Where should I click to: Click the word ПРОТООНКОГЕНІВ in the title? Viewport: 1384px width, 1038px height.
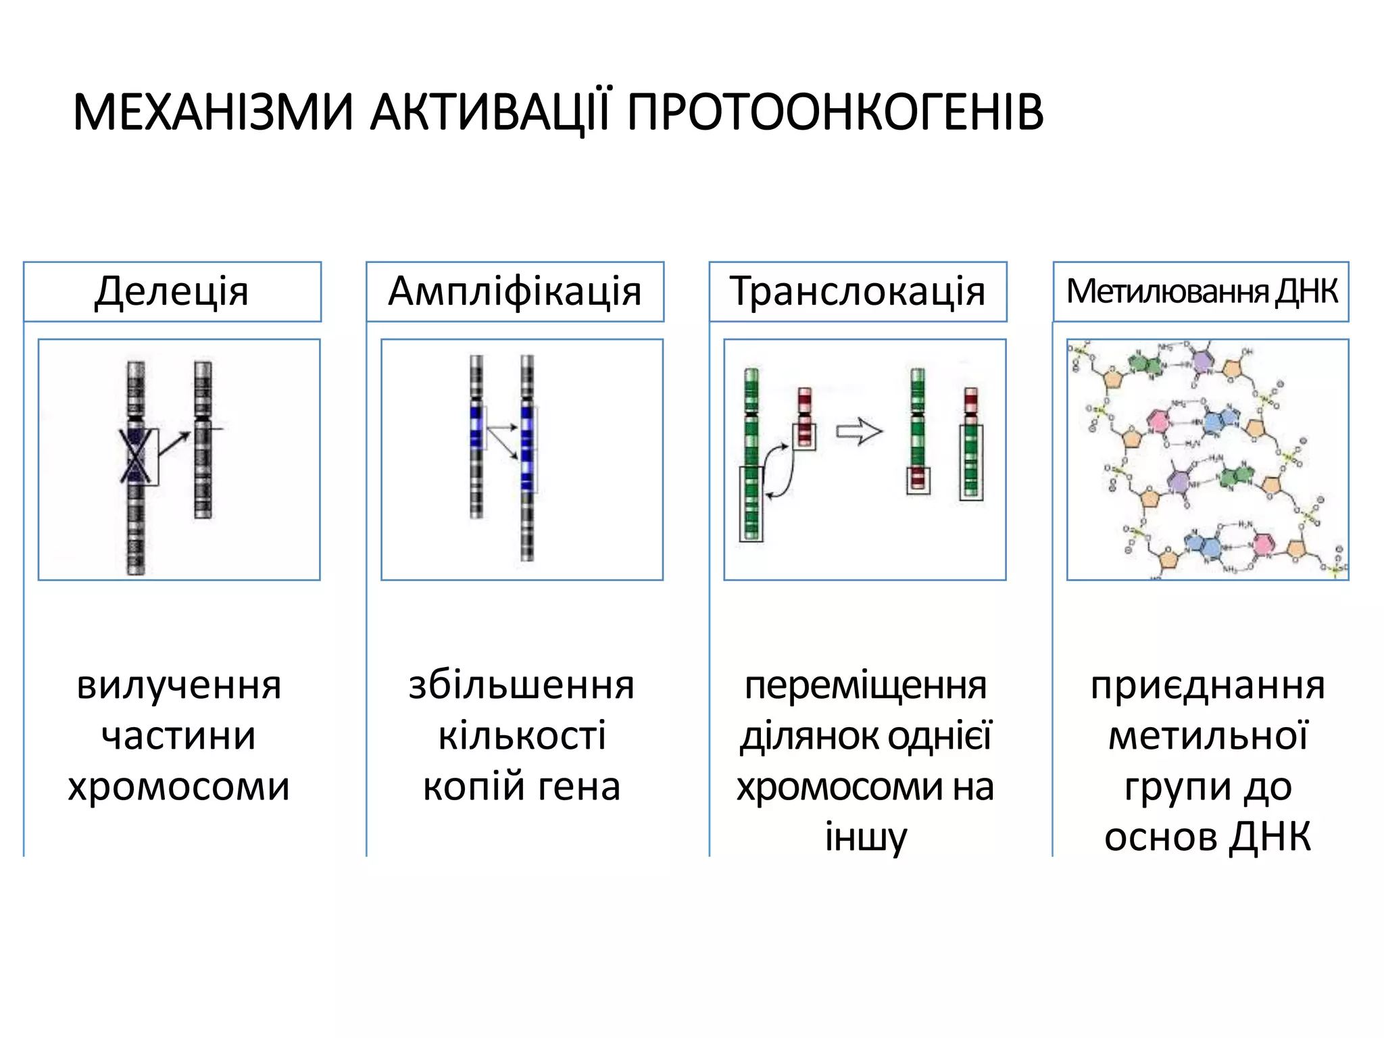[x=835, y=112]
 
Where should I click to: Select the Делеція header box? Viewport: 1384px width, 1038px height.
[x=172, y=291]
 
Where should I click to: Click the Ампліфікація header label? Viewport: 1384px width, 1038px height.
[x=515, y=291]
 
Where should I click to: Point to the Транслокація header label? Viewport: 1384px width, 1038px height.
[x=858, y=291]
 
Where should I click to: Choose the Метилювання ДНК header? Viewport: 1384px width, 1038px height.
[x=1201, y=291]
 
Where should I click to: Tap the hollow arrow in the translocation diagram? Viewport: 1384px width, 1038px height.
[x=859, y=432]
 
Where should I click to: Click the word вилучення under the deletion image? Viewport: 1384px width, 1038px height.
[x=179, y=685]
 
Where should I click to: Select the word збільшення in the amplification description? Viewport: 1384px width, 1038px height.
[x=522, y=685]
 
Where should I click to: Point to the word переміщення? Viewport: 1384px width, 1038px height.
[x=865, y=685]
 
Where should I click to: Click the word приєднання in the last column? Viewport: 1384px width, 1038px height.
[x=1208, y=685]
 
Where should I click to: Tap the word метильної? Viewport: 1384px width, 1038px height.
[x=1208, y=736]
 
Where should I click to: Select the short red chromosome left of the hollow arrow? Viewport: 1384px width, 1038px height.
[x=804, y=416]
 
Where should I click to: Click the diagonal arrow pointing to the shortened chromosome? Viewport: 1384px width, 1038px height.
[x=176, y=443]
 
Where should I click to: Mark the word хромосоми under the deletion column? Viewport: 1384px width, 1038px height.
[x=179, y=787]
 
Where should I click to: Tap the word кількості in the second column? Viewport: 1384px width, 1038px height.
[x=522, y=736]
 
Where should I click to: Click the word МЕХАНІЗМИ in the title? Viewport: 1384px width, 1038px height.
[x=213, y=112]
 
